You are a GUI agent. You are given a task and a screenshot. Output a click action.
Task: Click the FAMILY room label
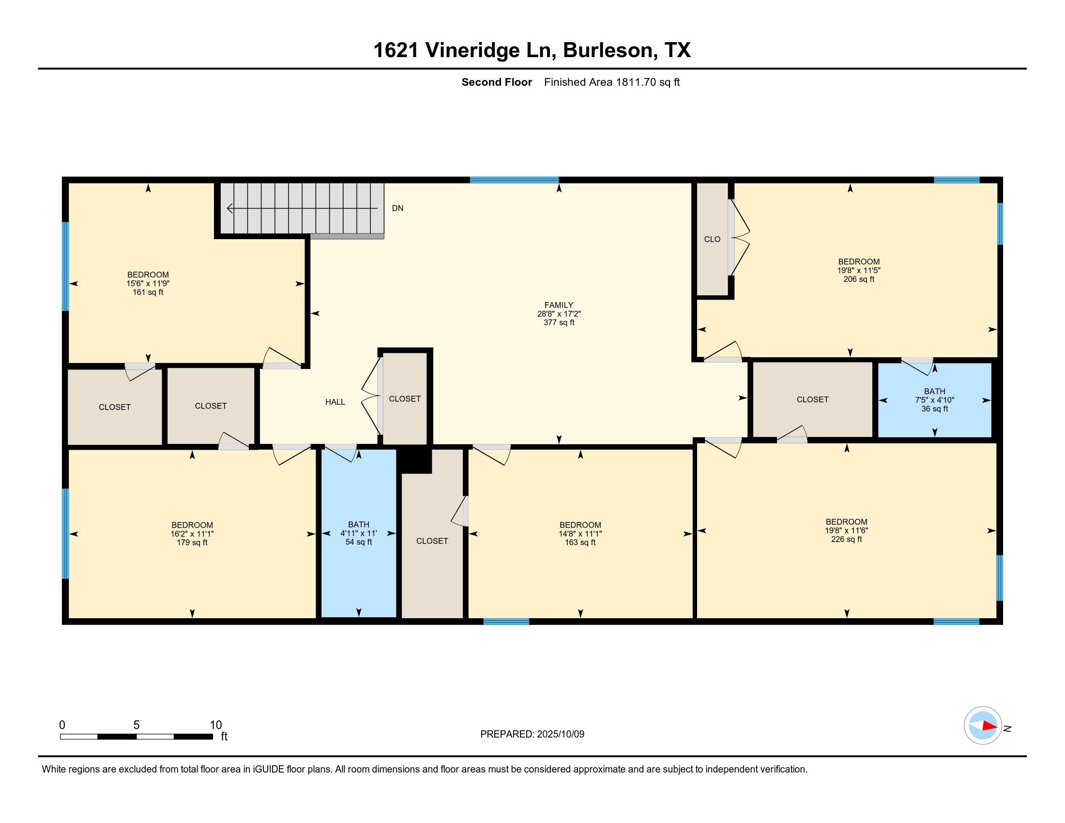coord(559,305)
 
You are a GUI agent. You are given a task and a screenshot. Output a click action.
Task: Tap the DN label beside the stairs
coord(397,208)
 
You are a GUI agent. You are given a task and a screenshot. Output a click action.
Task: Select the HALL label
coord(335,402)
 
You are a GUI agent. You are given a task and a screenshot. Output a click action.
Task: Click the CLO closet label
coord(712,239)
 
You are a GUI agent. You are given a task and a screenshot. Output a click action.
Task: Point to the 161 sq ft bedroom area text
coord(148,292)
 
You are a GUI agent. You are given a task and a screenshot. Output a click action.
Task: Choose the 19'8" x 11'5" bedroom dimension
coord(859,270)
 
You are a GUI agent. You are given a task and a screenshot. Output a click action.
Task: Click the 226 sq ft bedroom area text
coord(847,539)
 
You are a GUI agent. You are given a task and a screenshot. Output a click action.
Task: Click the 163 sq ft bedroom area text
coord(580,542)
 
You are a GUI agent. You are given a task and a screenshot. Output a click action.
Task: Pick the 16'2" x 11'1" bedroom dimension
coord(192,534)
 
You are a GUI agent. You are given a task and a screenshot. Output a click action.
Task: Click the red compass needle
coord(990,726)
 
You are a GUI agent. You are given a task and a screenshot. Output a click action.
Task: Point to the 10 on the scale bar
coord(215,725)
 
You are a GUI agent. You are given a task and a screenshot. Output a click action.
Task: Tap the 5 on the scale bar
coord(137,725)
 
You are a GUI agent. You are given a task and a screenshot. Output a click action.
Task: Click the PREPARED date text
coord(532,734)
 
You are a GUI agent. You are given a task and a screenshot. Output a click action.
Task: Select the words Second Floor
coord(496,82)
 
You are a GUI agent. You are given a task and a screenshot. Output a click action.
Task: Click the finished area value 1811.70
coord(636,82)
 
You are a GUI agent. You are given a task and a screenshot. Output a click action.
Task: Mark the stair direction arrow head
coord(229,209)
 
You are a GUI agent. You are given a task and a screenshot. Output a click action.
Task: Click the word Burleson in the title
coord(608,50)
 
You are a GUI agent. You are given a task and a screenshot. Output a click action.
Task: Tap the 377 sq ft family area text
coord(559,322)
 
